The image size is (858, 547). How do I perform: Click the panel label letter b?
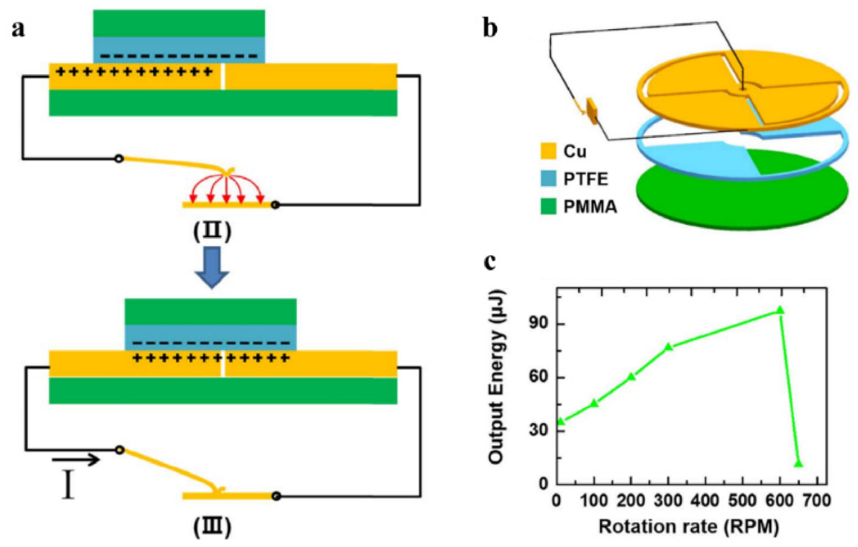[490, 29]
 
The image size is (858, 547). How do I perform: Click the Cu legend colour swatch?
[548, 151]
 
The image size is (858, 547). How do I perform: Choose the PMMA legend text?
[590, 207]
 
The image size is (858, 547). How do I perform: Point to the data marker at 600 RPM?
[780, 310]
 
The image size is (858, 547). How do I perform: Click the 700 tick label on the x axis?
[817, 501]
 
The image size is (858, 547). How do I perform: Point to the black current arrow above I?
[76, 460]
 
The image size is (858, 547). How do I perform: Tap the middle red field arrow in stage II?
[226, 189]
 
